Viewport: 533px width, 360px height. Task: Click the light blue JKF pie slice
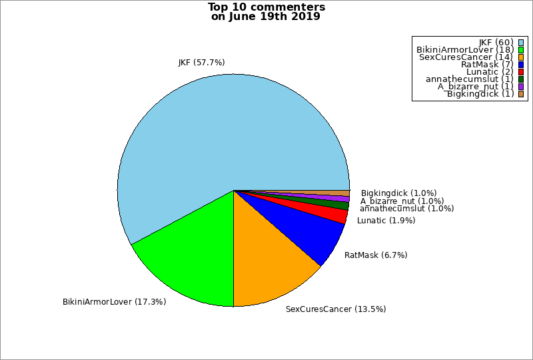[x=220, y=133]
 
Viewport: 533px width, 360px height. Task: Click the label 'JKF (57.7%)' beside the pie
[x=201, y=63]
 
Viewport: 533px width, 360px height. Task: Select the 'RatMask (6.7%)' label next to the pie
[x=376, y=255]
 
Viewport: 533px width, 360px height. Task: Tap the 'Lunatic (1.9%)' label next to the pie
[x=386, y=221]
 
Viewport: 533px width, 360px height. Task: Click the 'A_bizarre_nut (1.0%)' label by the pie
[x=402, y=201]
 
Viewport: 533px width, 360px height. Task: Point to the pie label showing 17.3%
[x=115, y=302]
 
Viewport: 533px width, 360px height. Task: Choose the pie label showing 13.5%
[x=336, y=309]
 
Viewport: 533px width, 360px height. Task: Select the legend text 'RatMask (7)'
[x=487, y=65]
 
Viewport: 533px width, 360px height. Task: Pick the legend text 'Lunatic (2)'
[x=490, y=72]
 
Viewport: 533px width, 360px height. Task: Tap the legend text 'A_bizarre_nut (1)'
[x=476, y=87]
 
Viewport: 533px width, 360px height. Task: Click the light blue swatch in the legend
[x=521, y=43]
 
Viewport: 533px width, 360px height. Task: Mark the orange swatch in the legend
[x=521, y=57]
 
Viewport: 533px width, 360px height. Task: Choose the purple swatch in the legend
[x=521, y=87]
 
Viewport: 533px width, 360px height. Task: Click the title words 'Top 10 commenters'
[x=266, y=7]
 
